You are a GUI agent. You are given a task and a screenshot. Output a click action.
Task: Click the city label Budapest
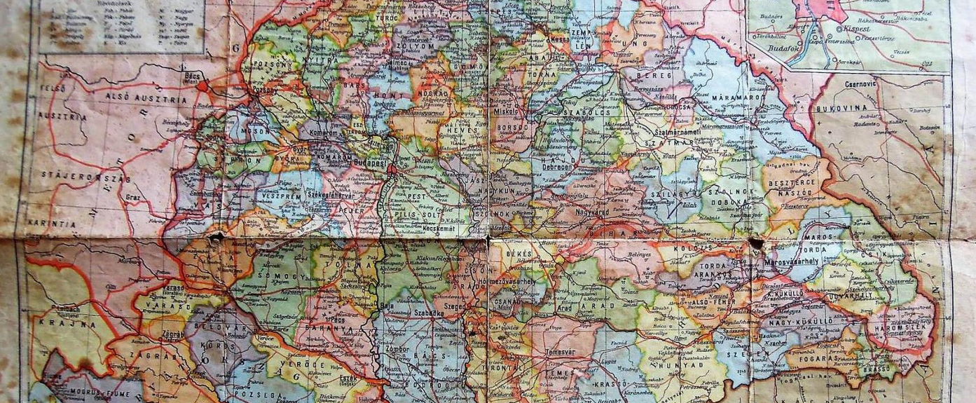[x=371, y=162]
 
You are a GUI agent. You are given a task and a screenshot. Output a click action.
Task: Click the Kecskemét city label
[x=439, y=228]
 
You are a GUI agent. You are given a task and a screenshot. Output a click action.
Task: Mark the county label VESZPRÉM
[x=282, y=198]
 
